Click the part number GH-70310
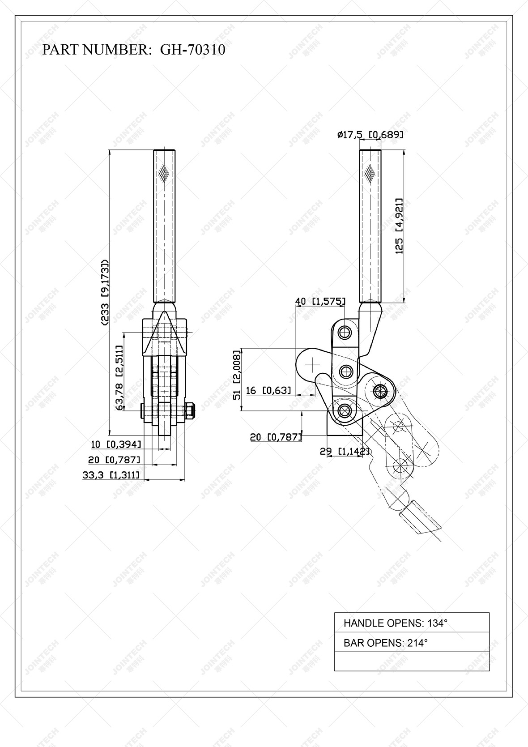[192, 50]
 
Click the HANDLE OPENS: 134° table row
[412, 623]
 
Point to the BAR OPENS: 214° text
[385, 643]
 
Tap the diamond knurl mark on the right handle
[370, 172]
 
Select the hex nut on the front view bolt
[190, 410]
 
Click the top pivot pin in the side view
[345, 332]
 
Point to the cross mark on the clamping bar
[312, 366]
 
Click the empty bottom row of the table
[412, 662]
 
